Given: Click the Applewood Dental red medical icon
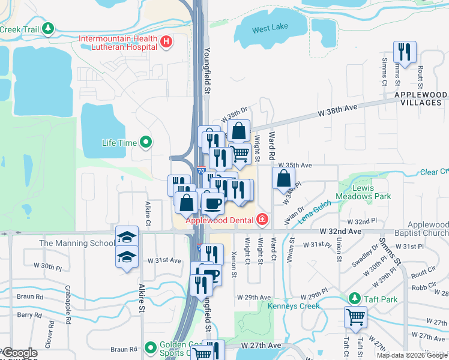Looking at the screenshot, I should click(x=262, y=220).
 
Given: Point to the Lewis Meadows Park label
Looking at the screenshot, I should click(x=371, y=192).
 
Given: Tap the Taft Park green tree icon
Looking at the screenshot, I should click(x=355, y=298).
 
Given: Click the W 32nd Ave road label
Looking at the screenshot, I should click(x=340, y=231).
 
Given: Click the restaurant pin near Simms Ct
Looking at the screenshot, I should click(x=404, y=52).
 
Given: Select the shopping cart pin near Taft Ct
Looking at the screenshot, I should click(x=355, y=317).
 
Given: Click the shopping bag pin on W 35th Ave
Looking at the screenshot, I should click(x=283, y=178).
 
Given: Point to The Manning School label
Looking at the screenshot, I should click(x=77, y=243).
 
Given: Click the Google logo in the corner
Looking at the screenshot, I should click(x=20, y=353).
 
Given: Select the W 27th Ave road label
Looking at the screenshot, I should click(x=261, y=346).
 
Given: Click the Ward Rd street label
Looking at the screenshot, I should click(x=272, y=145).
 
